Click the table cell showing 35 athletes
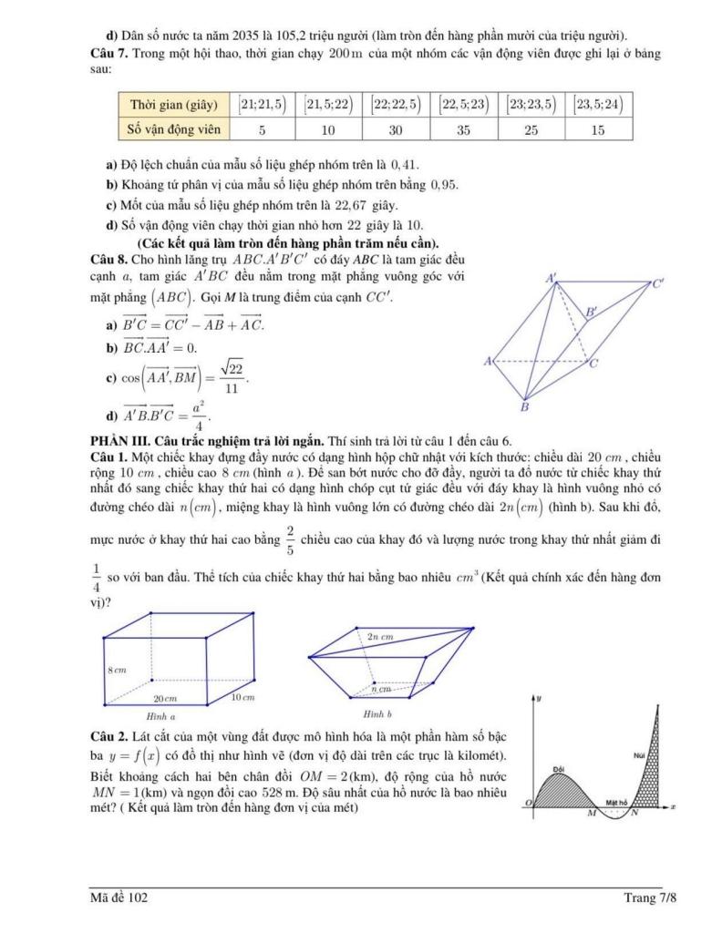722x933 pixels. [x=463, y=129]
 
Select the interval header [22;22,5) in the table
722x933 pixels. [x=396, y=104]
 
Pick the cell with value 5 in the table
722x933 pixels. [x=263, y=129]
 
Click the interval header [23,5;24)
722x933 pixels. [x=598, y=104]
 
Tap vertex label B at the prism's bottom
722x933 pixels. [x=524, y=406]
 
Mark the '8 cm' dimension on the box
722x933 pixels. [x=118, y=669]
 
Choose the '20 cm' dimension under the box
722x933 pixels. [x=164, y=697]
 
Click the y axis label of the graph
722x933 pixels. [x=539, y=697]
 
